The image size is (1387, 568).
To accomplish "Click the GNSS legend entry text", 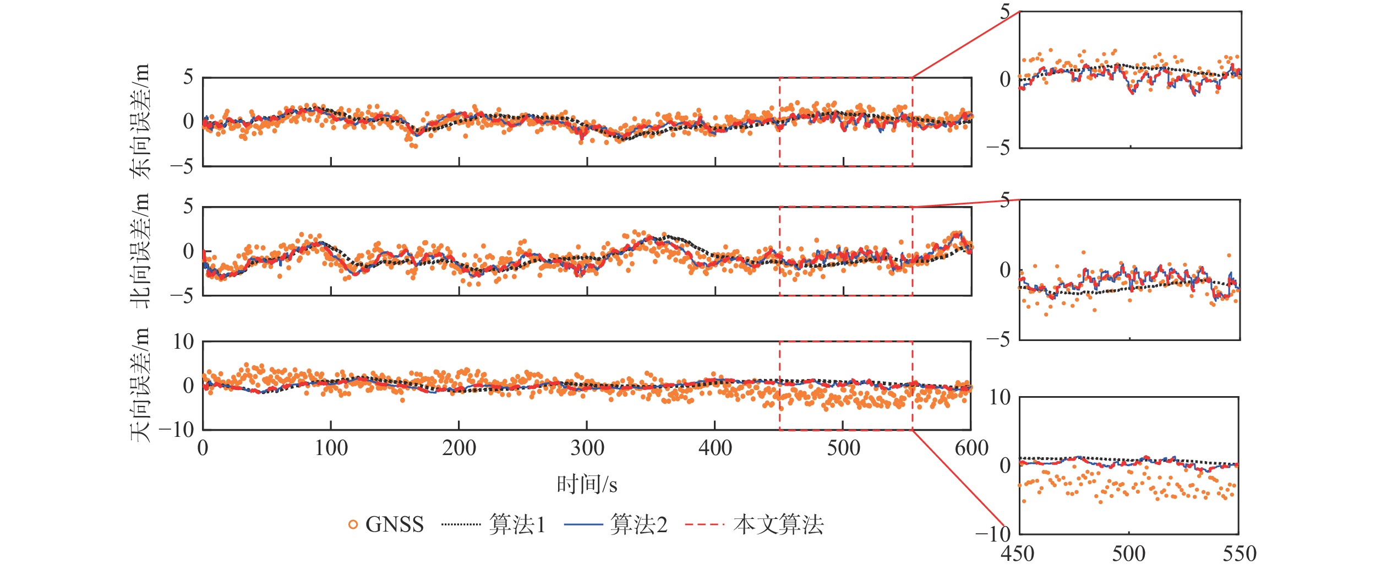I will [x=395, y=524].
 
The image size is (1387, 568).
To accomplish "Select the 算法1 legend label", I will [x=517, y=524].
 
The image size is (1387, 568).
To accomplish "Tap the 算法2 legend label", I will [x=638, y=524].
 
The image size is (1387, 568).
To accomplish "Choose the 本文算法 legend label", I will [x=778, y=524].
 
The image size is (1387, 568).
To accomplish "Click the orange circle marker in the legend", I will [x=353, y=524].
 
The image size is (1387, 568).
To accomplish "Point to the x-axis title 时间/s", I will [x=587, y=485].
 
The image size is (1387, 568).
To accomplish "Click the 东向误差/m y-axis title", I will [x=140, y=121].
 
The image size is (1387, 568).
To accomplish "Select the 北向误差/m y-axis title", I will [x=140, y=251].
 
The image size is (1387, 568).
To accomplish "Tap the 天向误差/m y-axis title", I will [x=140, y=385].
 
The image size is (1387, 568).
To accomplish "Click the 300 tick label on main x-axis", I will [x=587, y=448].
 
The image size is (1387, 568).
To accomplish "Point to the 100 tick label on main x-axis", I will [x=331, y=448].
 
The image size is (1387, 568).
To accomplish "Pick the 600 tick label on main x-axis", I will [x=971, y=448].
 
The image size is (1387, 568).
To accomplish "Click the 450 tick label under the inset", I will [x=1018, y=554].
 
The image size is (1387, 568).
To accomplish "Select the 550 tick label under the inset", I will [x=1239, y=554].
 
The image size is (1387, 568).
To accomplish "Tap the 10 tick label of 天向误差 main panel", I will [x=183, y=342].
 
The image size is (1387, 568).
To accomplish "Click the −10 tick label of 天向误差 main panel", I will [x=177, y=430].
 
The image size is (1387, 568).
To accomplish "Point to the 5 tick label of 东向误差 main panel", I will [x=188, y=77].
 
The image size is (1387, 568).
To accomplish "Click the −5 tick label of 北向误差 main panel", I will [x=182, y=296].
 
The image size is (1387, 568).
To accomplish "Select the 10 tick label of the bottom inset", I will [x=1000, y=397].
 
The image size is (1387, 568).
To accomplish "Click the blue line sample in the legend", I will [x=583, y=524].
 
